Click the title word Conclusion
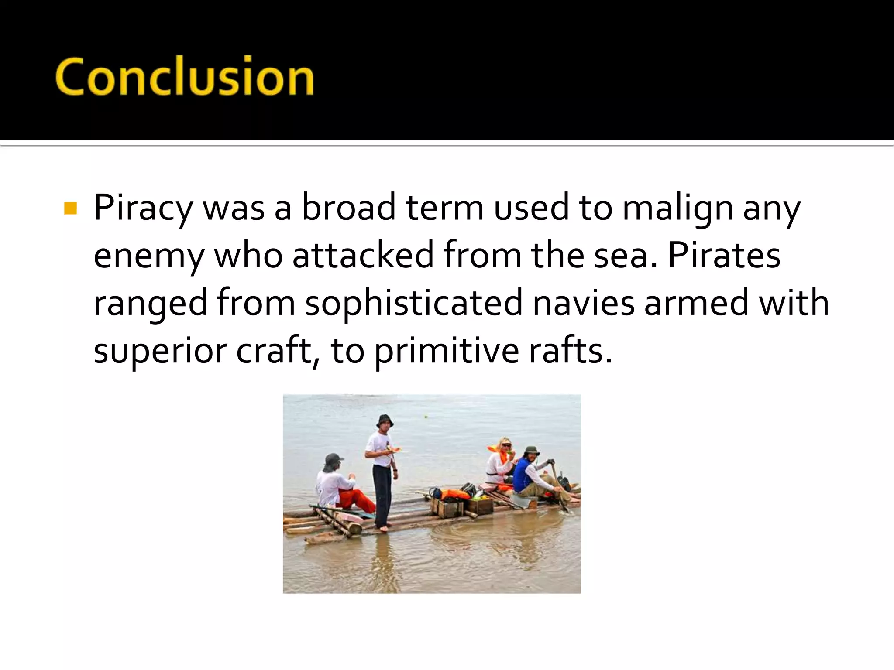click(184, 77)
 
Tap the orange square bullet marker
click(70, 209)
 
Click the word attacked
click(363, 256)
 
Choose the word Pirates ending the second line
click(724, 256)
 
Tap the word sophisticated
click(413, 304)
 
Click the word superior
click(160, 352)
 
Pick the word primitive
click(446, 352)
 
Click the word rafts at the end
click(570, 352)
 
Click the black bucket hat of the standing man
click(385, 421)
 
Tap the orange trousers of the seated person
click(356, 500)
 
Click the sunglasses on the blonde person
click(506, 445)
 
